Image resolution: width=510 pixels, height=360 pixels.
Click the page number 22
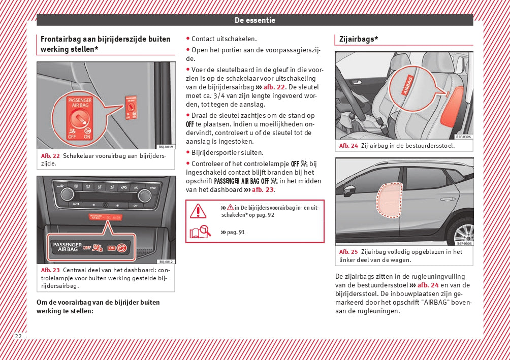18,336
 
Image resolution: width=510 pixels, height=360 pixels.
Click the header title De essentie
254,20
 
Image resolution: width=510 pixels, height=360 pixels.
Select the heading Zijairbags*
359,39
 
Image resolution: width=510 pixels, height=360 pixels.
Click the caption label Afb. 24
348,146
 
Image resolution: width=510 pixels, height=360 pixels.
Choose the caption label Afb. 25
348,252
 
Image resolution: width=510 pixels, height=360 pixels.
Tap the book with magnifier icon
199,233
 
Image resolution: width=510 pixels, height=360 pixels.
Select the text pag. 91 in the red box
235,232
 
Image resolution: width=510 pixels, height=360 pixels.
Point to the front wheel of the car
463,233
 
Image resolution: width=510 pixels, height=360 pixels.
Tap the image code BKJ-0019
166,147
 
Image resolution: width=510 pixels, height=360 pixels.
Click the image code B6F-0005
464,243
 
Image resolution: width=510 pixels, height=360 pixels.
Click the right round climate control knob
144,194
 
